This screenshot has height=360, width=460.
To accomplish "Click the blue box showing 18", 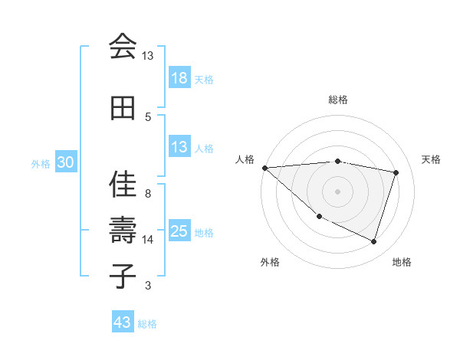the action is point(179,78).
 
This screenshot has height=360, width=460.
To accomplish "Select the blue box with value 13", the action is point(179,147).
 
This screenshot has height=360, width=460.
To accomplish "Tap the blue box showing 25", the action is point(179,231).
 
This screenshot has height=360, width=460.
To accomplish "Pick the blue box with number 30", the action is point(66,162).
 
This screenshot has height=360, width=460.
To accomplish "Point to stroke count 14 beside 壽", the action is point(148,240).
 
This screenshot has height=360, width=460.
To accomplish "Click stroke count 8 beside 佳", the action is point(148,194).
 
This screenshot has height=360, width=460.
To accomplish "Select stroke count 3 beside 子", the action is point(148,286).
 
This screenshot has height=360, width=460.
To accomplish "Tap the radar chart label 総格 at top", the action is point(338,100).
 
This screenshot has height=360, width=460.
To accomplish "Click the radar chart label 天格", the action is point(432,159).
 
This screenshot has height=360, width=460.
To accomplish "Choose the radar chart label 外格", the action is point(270,262).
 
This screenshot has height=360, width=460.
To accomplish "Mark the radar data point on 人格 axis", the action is point(264,168).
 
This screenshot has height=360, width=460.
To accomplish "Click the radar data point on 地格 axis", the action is point(373,241).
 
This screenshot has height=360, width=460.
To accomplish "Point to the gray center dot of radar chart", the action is point(337,191).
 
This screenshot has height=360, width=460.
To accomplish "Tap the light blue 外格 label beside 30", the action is point(41,163).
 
